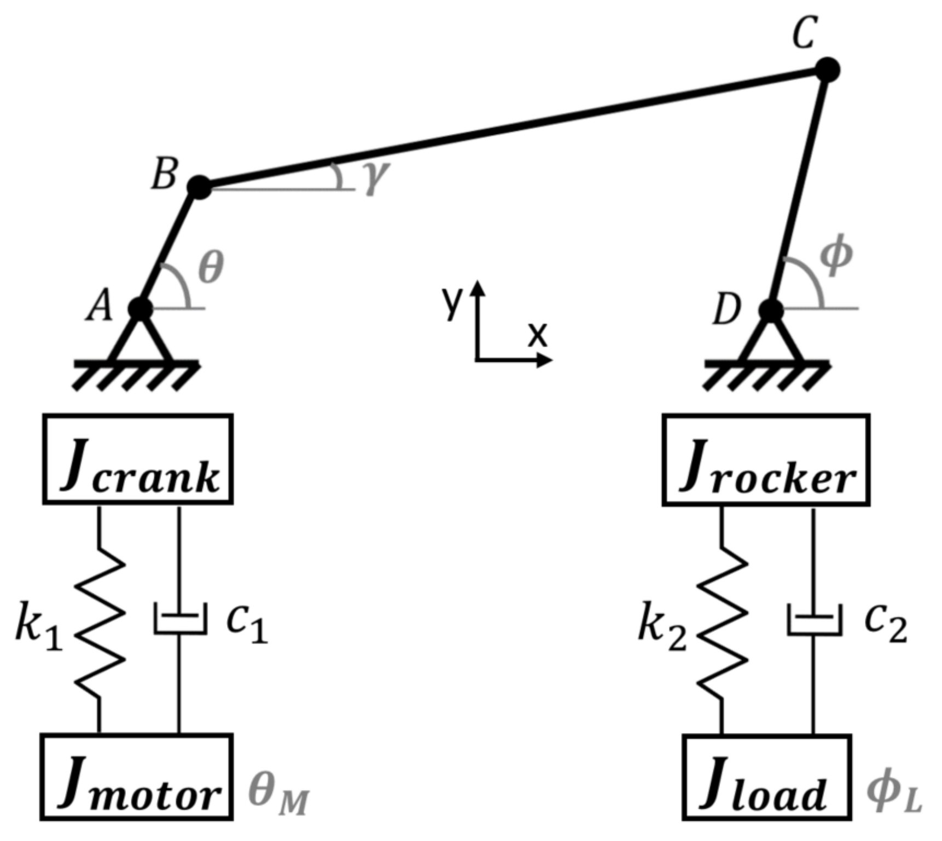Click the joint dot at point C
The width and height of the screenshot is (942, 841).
pyautogui.click(x=827, y=70)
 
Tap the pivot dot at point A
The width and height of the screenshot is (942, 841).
pyautogui.click(x=141, y=309)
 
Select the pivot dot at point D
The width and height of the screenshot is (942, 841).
pyautogui.click(x=771, y=311)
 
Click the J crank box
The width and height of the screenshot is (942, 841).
pyautogui.click(x=138, y=459)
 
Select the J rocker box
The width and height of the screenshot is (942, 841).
pyautogui.click(x=765, y=460)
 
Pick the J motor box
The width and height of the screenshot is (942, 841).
pyautogui.click(x=136, y=777)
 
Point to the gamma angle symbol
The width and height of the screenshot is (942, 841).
pyautogui.click(x=376, y=177)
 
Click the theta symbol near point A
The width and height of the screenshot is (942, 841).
pyautogui.click(x=211, y=268)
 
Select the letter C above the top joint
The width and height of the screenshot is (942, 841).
pyautogui.click(x=805, y=33)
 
